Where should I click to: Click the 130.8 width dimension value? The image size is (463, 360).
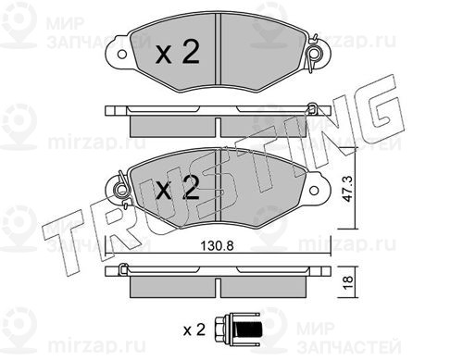pos(217,246)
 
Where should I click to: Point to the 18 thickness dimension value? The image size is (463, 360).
pos(348,280)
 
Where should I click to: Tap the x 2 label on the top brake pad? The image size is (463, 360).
pos(177,53)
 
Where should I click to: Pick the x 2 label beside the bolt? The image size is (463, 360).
pos(194,330)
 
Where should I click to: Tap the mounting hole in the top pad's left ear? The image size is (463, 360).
pos(122,55)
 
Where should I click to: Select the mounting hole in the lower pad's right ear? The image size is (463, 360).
pos(314,190)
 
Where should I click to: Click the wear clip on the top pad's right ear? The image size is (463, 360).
pos(314,54)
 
